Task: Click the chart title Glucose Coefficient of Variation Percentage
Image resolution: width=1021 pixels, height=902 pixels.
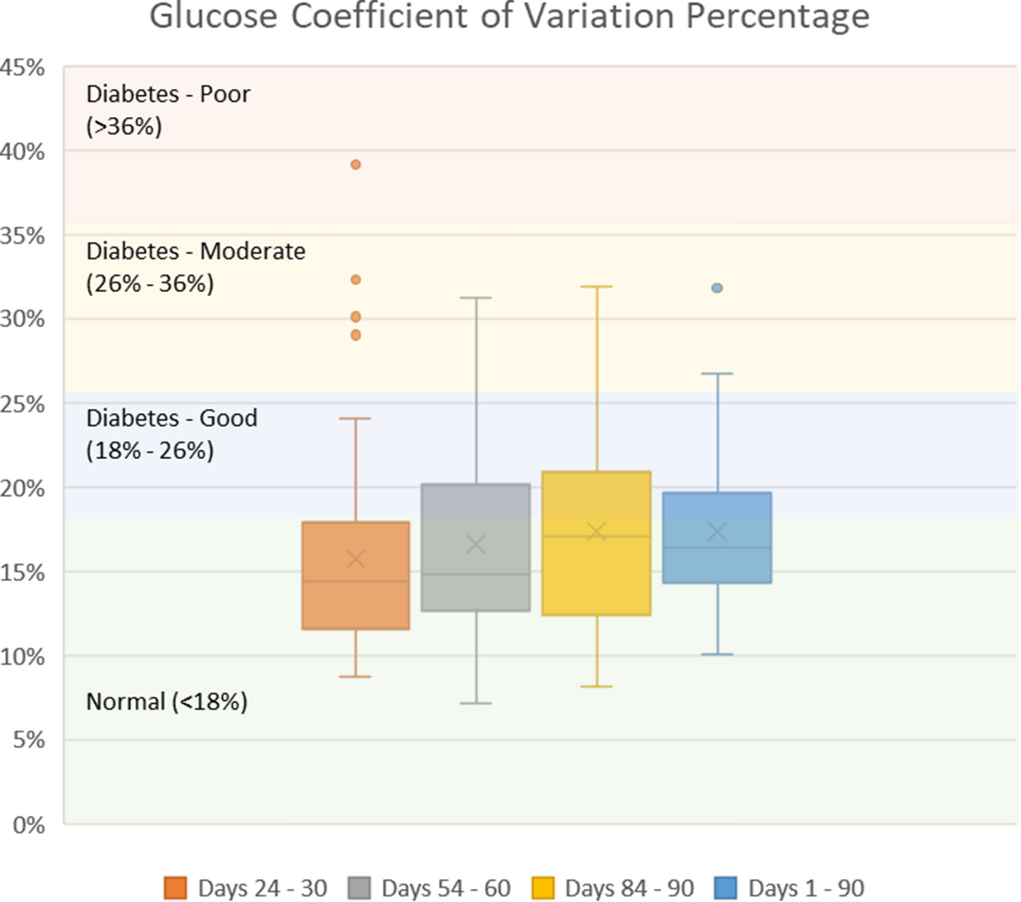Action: (509, 16)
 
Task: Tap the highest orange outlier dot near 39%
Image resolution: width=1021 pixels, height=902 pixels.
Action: (355, 164)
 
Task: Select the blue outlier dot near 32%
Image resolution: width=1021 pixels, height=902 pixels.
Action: (717, 288)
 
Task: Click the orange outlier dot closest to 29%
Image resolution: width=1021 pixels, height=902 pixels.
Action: (355, 335)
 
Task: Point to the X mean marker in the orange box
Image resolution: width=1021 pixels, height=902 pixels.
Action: (355, 559)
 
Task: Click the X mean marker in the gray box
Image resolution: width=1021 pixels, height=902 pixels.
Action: (475, 544)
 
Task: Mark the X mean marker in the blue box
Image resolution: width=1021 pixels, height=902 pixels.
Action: (717, 531)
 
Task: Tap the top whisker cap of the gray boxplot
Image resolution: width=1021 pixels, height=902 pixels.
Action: (475, 297)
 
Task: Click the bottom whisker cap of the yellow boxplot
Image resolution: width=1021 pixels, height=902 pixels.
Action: (596, 686)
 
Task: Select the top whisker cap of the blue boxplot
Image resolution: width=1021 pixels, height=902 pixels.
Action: (717, 373)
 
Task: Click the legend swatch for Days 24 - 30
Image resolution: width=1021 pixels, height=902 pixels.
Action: (175, 888)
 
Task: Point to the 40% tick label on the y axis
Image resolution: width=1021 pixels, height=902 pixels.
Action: (23, 151)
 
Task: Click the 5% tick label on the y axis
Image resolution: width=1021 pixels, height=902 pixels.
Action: (29, 740)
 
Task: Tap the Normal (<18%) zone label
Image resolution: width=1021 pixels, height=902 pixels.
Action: (167, 702)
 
